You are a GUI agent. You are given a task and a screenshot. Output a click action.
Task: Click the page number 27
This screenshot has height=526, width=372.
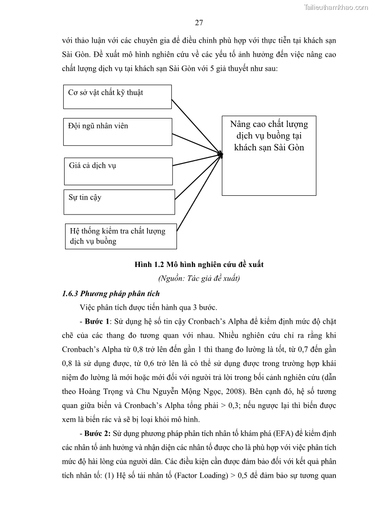(x=198, y=23)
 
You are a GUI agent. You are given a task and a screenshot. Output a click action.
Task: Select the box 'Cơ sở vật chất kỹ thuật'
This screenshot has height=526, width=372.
(x=117, y=96)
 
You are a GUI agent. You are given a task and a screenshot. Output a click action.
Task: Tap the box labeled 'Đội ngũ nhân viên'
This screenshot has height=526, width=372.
(x=117, y=132)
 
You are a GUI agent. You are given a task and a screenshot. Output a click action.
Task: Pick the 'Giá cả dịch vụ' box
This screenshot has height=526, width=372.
(x=118, y=171)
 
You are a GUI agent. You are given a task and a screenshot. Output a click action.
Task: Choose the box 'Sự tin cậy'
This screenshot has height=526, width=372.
(x=119, y=202)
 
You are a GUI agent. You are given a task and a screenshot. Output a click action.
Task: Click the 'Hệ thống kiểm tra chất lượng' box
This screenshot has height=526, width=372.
(x=120, y=236)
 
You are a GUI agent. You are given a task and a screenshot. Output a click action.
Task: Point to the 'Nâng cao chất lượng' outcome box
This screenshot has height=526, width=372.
(x=269, y=155)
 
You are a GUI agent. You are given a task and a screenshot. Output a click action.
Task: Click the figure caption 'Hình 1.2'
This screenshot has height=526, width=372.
(x=199, y=265)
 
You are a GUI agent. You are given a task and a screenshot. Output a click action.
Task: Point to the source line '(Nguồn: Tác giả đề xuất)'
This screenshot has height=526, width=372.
(x=199, y=279)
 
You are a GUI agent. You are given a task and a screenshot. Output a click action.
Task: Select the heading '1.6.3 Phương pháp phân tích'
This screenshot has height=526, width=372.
(x=111, y=294)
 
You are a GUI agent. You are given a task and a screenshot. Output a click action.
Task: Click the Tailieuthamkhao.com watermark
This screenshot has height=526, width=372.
(x=336, y=7)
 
